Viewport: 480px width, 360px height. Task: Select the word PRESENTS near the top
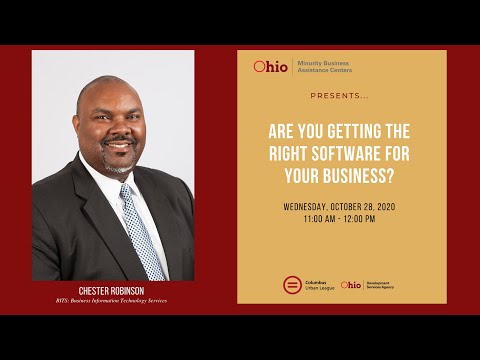[339, 97]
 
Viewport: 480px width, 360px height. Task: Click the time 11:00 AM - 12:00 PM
[341, 219]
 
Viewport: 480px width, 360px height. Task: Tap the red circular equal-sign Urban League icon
[291, 285]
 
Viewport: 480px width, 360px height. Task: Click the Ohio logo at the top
[270, 67]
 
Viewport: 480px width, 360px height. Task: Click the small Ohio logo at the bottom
[350, 285]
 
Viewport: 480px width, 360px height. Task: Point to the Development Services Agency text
[381, 285]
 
